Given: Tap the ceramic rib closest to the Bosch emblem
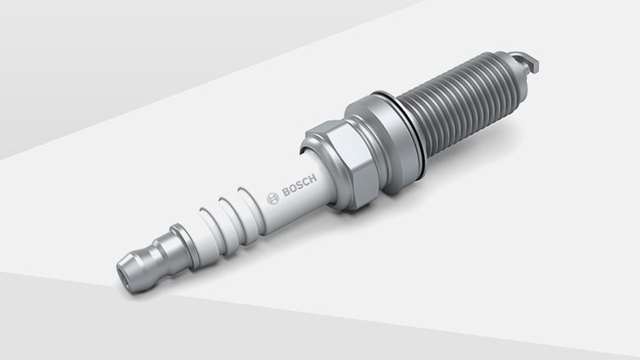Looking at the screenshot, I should click(246, 205).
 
